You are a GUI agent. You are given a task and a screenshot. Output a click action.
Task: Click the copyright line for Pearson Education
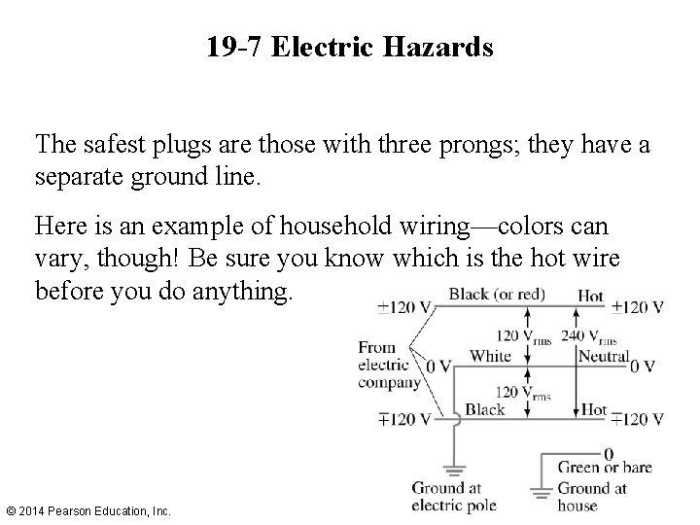(88, 510)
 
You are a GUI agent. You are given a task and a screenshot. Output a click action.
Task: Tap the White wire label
(490, 356)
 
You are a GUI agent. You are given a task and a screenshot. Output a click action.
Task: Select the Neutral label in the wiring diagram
(604, 357)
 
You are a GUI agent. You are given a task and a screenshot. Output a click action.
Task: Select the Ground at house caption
(592, 497)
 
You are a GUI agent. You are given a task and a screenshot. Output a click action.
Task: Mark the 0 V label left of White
(439, 367)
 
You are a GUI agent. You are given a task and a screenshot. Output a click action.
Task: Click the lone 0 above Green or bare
(609, 453)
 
